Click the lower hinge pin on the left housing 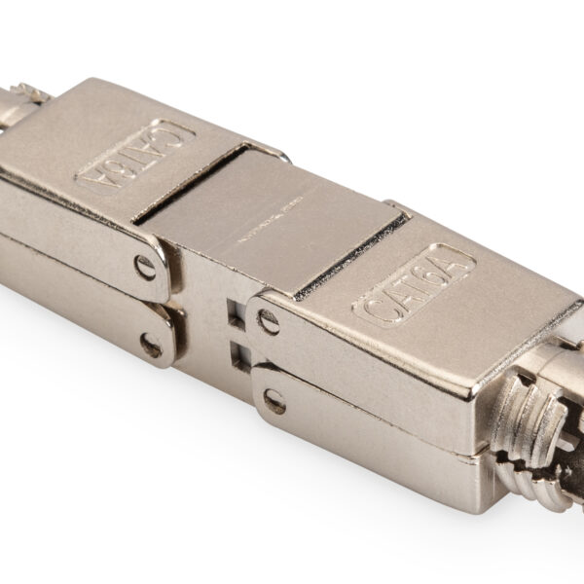tap(151, 344)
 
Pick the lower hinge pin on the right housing tap(274, 399)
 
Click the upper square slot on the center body tap(234, 313)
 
